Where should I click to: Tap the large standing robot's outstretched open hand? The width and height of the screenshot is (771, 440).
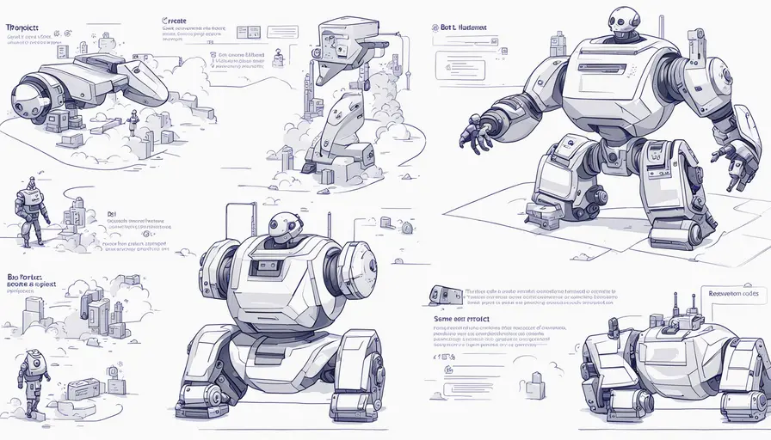tap(477, 133)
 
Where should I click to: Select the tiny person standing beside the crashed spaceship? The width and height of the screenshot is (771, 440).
tap(133, 122)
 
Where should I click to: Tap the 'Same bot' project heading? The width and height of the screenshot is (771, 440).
tap(461, 318)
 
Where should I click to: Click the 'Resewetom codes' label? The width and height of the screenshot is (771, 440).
tap(735, 293)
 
